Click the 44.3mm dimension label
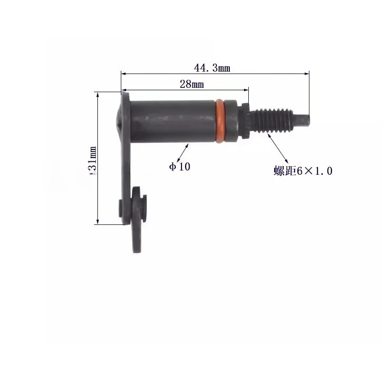click(212, 68)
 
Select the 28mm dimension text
click(192, 85)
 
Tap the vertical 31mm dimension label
click(93, 160)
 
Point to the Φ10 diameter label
click(180, 167)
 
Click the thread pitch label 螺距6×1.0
click(303, 171)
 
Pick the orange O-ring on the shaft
click(219, 121)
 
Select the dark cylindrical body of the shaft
click(172, 121)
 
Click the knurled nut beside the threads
click(245, 121)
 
